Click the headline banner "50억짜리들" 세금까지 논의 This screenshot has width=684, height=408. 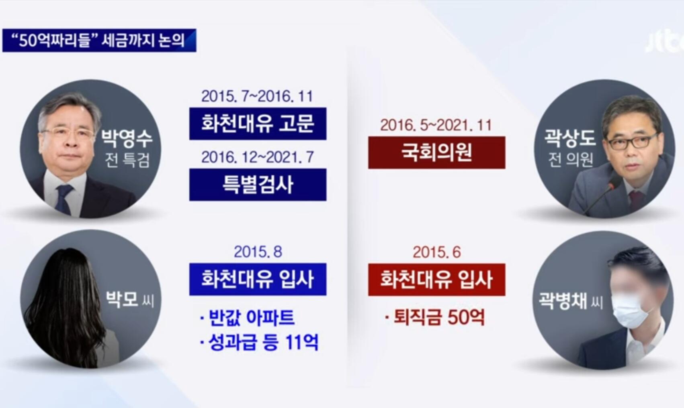pyautogui.click(x=99, y=40)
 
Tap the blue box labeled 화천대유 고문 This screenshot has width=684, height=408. pyautogui.click(x=258, y=124)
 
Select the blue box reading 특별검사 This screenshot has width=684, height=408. pyautogui.click(x=258, y=185)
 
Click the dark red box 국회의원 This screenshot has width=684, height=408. pyautogui.click(x=437, y=152)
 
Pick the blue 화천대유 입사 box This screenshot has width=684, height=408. pyautogui.click(x=258, y=279)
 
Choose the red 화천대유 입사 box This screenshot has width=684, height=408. pyautogui.click(x=437, y=280)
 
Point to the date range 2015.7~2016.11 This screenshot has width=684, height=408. pyautogui.click(x=258, y=96)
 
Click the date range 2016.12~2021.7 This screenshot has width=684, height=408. pyautogui.click(x=258, y=157)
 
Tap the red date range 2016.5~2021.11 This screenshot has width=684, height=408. pyautogui.click(x=436, y=125)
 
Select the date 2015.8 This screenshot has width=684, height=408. pyautogui.click(x=258, y=252)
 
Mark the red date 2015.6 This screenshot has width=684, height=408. pyautogui.click(x=437, y=252)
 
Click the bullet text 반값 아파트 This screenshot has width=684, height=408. pyautogui.click(x=247, y=318)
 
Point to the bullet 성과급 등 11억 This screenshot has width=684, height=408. pyautogui.click(x=259, y=342)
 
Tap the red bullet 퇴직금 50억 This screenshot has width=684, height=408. pyautogui.click(x=435, y=317)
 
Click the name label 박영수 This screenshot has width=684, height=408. pyautogui.click(x=127, y=139)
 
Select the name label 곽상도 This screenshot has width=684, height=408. pyautogui.click(x=570, y=138)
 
